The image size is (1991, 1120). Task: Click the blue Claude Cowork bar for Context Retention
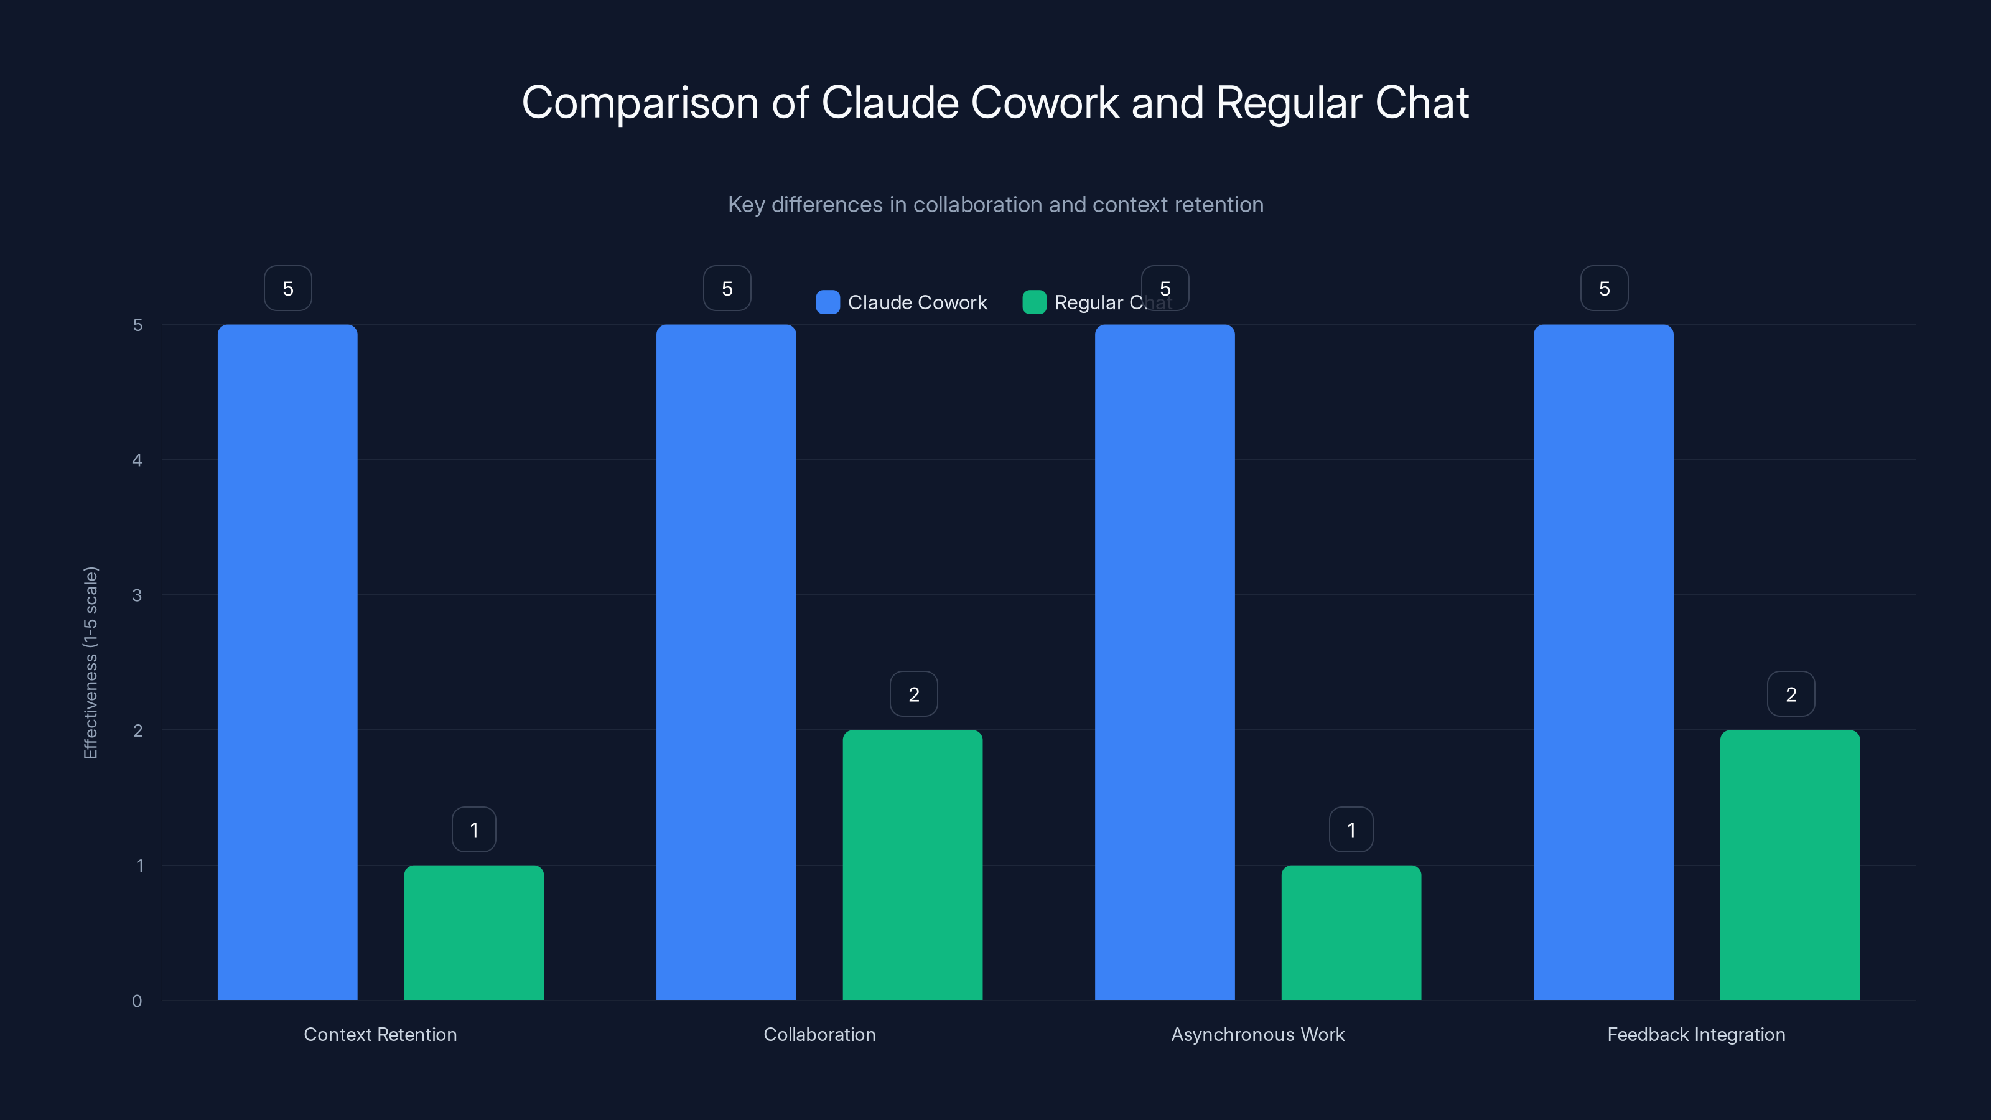click(287, 661)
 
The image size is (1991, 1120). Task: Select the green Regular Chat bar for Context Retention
click(473, 932)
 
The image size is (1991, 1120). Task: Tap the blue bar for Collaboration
click(725, 661)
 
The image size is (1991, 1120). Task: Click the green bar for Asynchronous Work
click(1351, 932)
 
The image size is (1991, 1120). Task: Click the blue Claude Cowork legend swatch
click(828, 302)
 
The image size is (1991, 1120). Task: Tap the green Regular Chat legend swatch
click(1034, 302)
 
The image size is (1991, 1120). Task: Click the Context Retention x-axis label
click(380, 1034)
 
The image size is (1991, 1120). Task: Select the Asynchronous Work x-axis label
click(1257, 1034)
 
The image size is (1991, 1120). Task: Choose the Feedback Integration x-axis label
click(1697, 1034)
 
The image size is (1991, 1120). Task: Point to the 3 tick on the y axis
click(137, 595)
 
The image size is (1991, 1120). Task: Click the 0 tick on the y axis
click(137, 1001)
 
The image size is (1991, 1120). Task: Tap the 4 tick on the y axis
click(137, 460)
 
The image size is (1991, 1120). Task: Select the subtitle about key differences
click(995, 205)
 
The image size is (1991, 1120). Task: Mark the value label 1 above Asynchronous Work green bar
click(1351, 829)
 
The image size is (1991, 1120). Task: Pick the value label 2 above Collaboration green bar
click(913, 694)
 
